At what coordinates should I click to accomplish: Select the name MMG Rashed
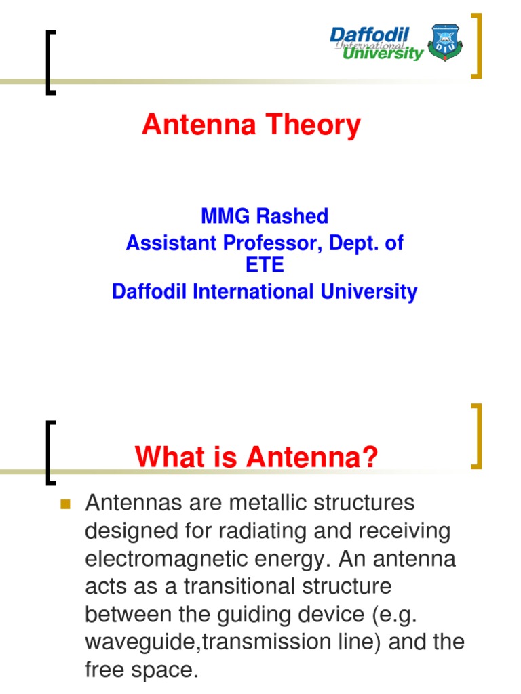265,216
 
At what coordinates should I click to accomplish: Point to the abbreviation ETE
265,266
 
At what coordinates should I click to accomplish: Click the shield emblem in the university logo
444,43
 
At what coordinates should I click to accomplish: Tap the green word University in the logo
383,54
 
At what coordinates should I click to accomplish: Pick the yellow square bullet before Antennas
66,504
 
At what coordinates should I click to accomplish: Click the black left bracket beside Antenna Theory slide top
50,62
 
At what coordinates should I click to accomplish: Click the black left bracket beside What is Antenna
50,453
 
